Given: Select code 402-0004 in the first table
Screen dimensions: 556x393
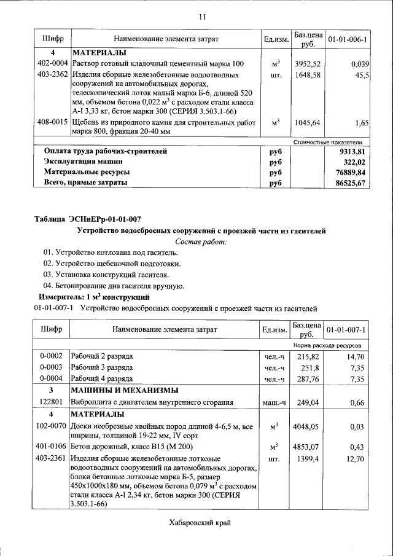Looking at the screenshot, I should point(53,64).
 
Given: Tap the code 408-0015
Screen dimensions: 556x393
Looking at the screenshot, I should point(53,123).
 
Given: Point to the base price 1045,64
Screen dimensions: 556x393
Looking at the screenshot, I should point(308,123).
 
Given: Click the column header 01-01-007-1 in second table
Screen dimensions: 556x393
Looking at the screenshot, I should point(346,330).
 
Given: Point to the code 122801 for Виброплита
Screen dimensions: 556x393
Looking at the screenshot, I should point(53,402).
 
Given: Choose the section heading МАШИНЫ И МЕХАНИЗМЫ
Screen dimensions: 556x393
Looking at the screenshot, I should point(125,391).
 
